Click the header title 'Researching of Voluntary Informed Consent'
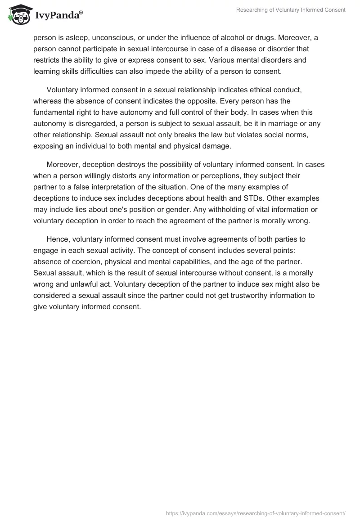coord(291,10)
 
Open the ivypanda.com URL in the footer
coord(256,513)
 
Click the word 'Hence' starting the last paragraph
coord(57,239)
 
